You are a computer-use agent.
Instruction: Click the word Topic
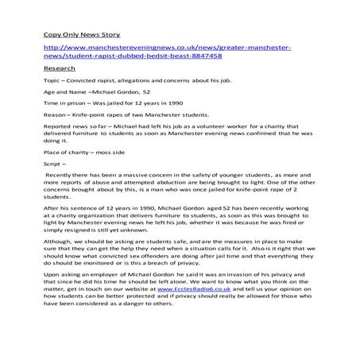(51, 82)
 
